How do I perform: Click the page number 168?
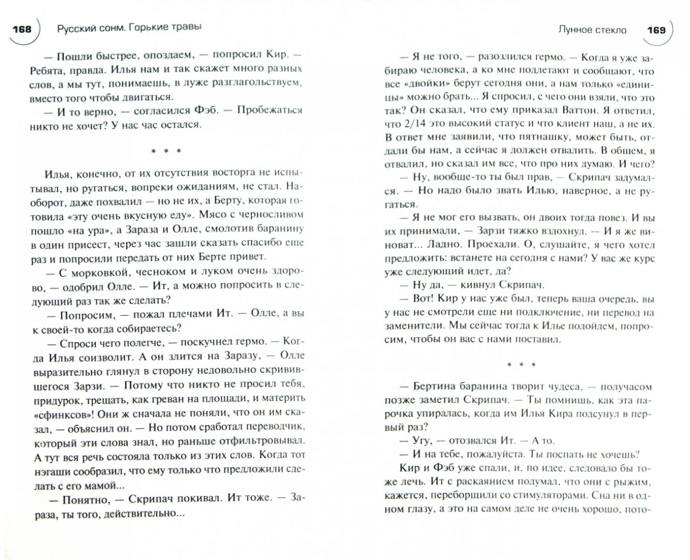(21, 29)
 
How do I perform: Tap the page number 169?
(656, 30)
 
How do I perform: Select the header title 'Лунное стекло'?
(592, 30)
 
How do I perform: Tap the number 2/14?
(415, 124)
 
